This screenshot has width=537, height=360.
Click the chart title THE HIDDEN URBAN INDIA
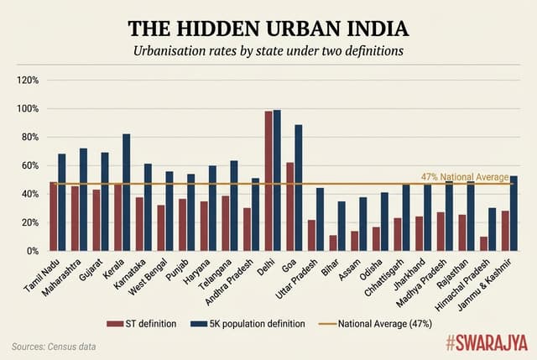pyautogui.click(x=268, y=28)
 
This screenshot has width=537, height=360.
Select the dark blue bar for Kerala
pyautogui.click(x=127, y=192)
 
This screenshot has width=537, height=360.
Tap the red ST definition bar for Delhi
pyautogui.click(x=268, y=180)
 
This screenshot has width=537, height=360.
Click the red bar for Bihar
pyautogui.click(x=333, y=243)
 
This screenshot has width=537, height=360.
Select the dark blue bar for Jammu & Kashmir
pyautogui.click(x=514, y=213)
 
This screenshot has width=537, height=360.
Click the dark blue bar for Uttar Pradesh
pyautogui.click(x=320, y=219)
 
